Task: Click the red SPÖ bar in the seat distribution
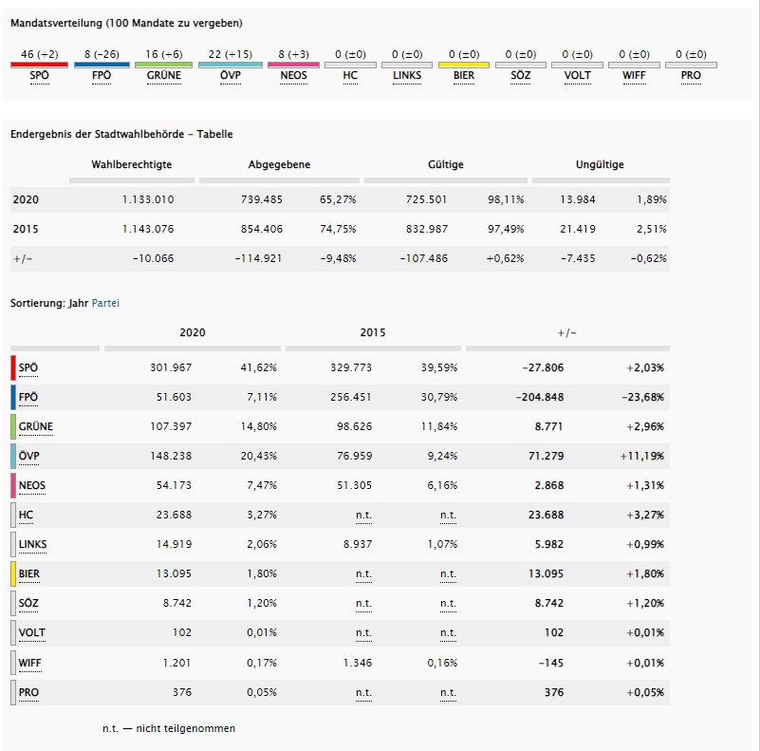[39, 66]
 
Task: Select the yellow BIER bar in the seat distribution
[463, 66]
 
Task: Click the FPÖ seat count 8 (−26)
[102, 55]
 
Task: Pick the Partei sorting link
[105, 303]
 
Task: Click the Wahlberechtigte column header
[132, 165]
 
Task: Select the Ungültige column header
[600, 165]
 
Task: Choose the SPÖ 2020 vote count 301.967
[171, 367]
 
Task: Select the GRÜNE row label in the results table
[35, 426]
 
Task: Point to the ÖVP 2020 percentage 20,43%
[258, 456]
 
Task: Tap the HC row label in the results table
[26, 515]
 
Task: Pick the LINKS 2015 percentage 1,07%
[438, 544]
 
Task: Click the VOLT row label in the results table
[31, 632]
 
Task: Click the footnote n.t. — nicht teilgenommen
[169, 728]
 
